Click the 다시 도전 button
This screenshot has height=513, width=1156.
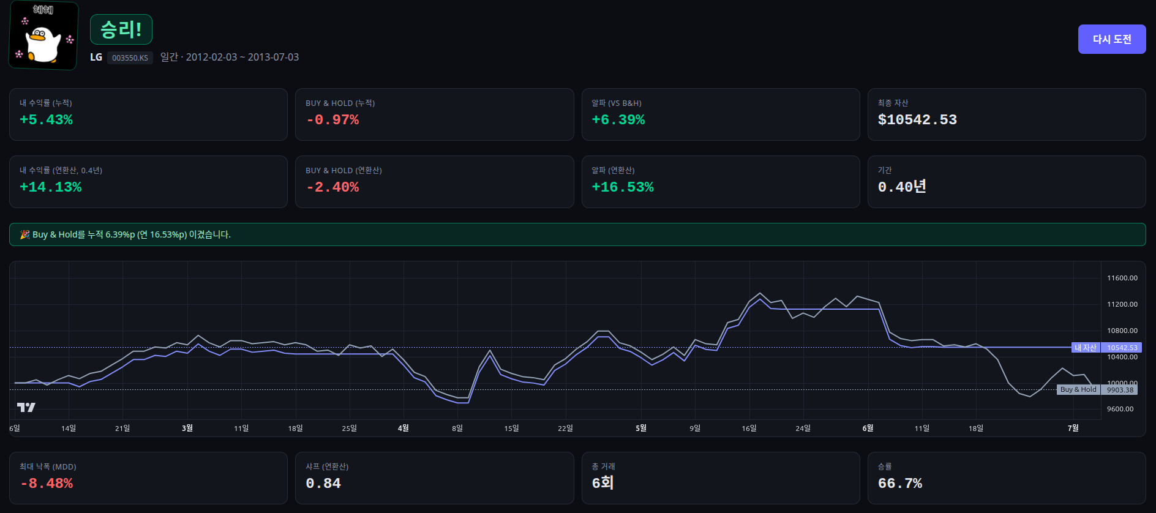click(x=1111, y=39)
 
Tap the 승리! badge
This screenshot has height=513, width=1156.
click(x=121, y=29)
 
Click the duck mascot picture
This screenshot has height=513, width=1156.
click(x=43, y=36)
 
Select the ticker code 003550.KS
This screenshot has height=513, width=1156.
click(x=130, y=58)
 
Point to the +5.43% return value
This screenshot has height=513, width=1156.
click(x=46, y=120)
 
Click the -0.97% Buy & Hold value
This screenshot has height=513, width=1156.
click(x=332, y=120)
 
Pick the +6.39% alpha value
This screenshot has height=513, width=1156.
click(x=618, y=120)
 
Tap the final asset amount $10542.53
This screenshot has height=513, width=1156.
click(x=917, y=120)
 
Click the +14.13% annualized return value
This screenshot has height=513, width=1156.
click(x=50, y=187)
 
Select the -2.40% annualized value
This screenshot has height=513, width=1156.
click(x=332, y=187)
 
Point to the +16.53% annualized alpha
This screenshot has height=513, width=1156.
click(x=622, y=187)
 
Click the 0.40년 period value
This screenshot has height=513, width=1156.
click(x=901, y=187)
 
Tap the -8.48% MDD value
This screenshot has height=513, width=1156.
click(x=47, y=484)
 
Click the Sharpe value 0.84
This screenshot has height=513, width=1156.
click(x=323, y=484)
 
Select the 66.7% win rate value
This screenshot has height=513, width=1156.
click(x=899, y=484)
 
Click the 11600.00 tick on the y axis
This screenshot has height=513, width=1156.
click(x=1122, y=278)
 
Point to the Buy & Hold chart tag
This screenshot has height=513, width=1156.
click(x=1078, y=389)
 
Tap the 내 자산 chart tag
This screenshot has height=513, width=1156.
click(x=1085, y=348)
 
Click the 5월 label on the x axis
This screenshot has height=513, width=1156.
click(x=640, y=428)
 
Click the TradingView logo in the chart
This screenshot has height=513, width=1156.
click(x=26, y=407)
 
